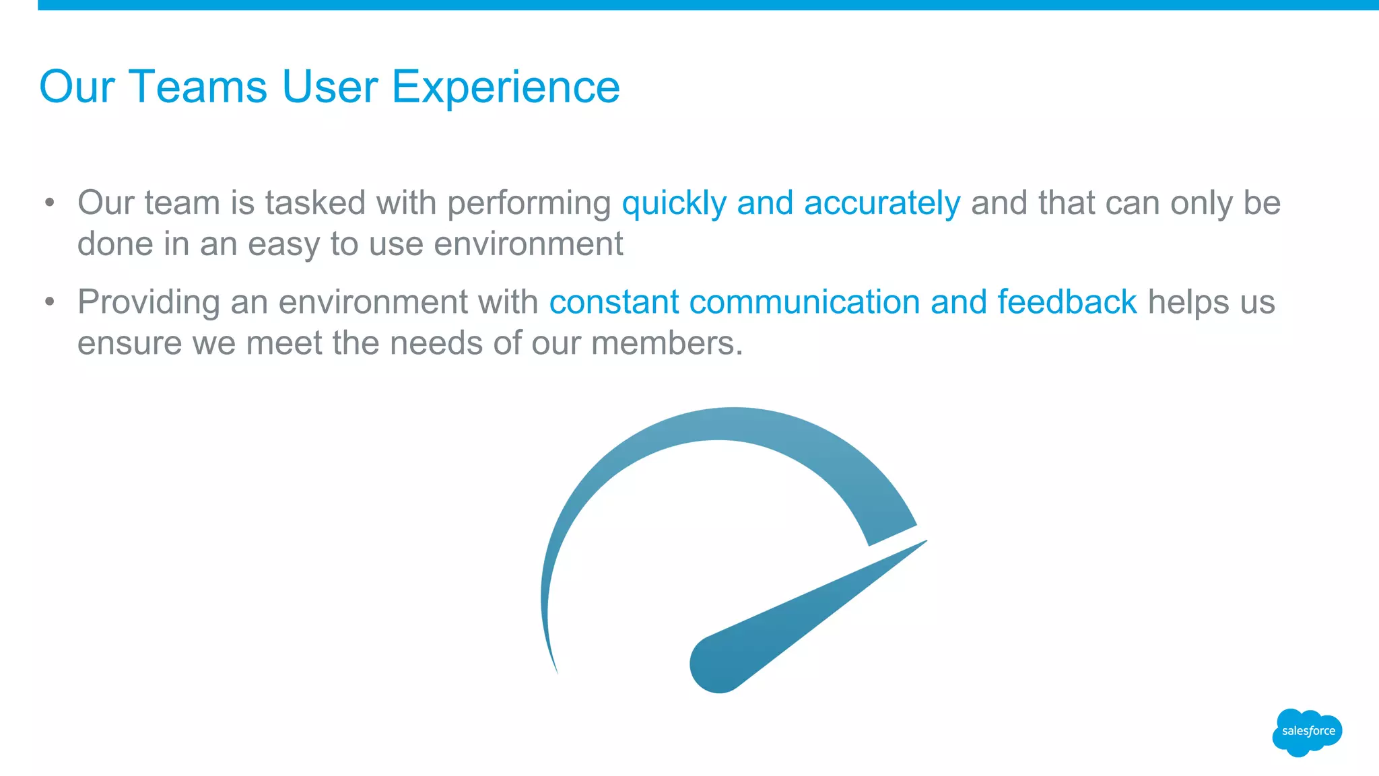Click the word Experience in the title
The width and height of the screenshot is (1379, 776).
coord(505,87)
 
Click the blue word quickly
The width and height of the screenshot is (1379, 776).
coord(674,204)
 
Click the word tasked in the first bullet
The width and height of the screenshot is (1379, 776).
coord(315,203)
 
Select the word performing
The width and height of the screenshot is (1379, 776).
coord(529,204)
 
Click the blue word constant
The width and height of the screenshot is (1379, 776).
coord(613,302)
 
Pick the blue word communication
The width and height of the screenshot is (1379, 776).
coord(804,302)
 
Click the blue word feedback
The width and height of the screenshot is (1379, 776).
coord(1067,302)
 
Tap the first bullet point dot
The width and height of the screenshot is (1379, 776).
coord(49,203)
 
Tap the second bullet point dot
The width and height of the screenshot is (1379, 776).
coord(49,302)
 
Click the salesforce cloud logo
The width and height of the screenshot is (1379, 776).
coord(1307,732)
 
